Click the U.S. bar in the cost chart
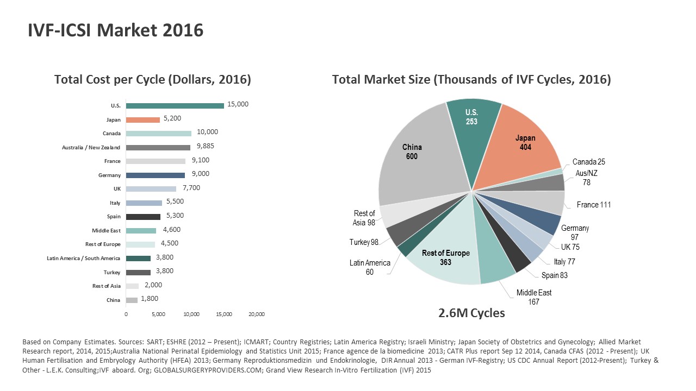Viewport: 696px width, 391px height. (x=175, y=105)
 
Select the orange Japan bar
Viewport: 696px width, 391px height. (x=142, y=119)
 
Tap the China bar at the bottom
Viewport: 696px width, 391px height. (x=132, y=300)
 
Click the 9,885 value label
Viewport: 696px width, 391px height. (x=206, y=146)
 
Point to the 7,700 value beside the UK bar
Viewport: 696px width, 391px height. (x=191, y=188)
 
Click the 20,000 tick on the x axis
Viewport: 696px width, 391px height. (x=256, y=314)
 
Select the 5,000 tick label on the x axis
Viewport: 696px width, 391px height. (x=158, y=314)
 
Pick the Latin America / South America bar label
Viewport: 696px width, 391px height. (x=84, y=258)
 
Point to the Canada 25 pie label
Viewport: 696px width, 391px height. (x=589, y=162)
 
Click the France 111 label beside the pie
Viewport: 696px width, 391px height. (x=594, y=205)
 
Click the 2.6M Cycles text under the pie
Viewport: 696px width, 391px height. (x=471, y=313)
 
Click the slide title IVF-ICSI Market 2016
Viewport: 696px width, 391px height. (x=115, y=31)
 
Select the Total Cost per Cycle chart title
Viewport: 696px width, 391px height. (x=153, y=80)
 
